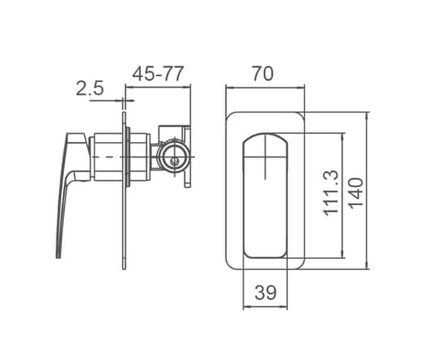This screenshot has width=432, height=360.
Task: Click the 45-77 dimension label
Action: tap(158, 74)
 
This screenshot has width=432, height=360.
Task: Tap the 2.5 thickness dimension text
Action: tap(89, 88)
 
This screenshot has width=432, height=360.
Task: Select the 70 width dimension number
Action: tap(263, 74)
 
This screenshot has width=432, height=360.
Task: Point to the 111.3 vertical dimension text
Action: tap(331, 193)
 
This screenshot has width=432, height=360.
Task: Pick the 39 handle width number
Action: tap(265, 292)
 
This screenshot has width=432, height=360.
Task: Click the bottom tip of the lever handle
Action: tap(58, 258)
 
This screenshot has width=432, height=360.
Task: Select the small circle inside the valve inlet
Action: tap(174, 161)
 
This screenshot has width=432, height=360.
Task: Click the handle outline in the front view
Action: tap(244, 196)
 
